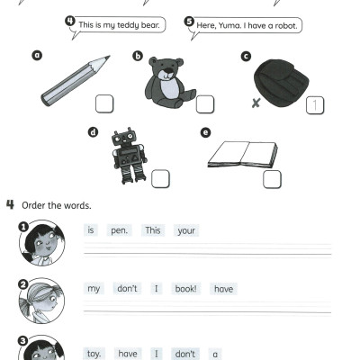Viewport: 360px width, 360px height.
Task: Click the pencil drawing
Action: click(x=75, y=82)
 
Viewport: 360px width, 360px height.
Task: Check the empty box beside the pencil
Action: click(x=105, y=104)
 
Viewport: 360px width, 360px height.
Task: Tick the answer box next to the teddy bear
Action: click(x=205, y=104)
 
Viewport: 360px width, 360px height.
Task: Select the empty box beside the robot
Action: click(x=161, y=177)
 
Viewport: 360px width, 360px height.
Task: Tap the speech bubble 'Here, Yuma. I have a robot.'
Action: click(x=247, y=24)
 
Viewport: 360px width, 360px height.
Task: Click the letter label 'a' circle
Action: click(x=38, y=55)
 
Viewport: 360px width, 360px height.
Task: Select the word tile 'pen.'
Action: click(x=120, y=230)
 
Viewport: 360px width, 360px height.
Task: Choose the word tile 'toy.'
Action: click(x=94, y=354)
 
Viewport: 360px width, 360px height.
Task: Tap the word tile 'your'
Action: click(x=186, y=230)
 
